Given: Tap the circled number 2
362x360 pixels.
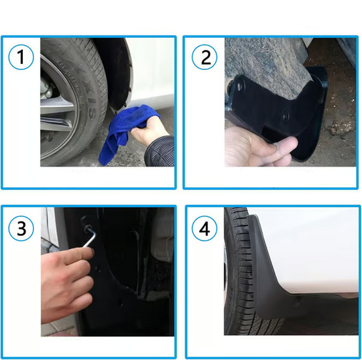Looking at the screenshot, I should coord(205,58).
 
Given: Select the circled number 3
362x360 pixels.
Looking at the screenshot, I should coord(22,229).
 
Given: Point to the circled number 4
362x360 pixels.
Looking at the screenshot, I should coord(205,229).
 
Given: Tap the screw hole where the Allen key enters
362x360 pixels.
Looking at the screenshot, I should coord(86,228).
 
